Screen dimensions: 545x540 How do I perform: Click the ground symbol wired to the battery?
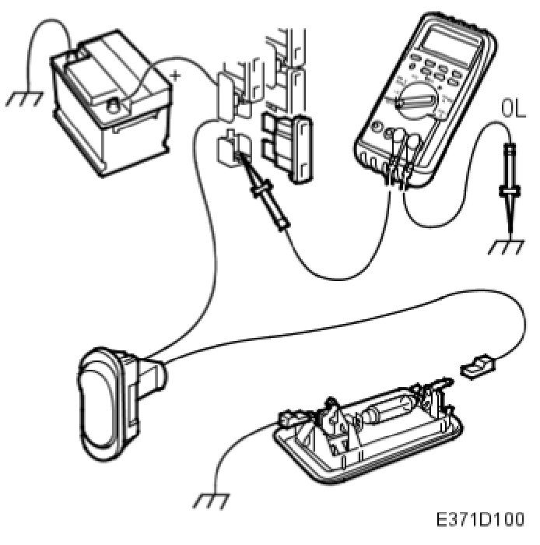(23, 98)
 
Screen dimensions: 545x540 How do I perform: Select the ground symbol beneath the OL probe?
(507, 248)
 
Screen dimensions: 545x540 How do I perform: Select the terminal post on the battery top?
(113, 104)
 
